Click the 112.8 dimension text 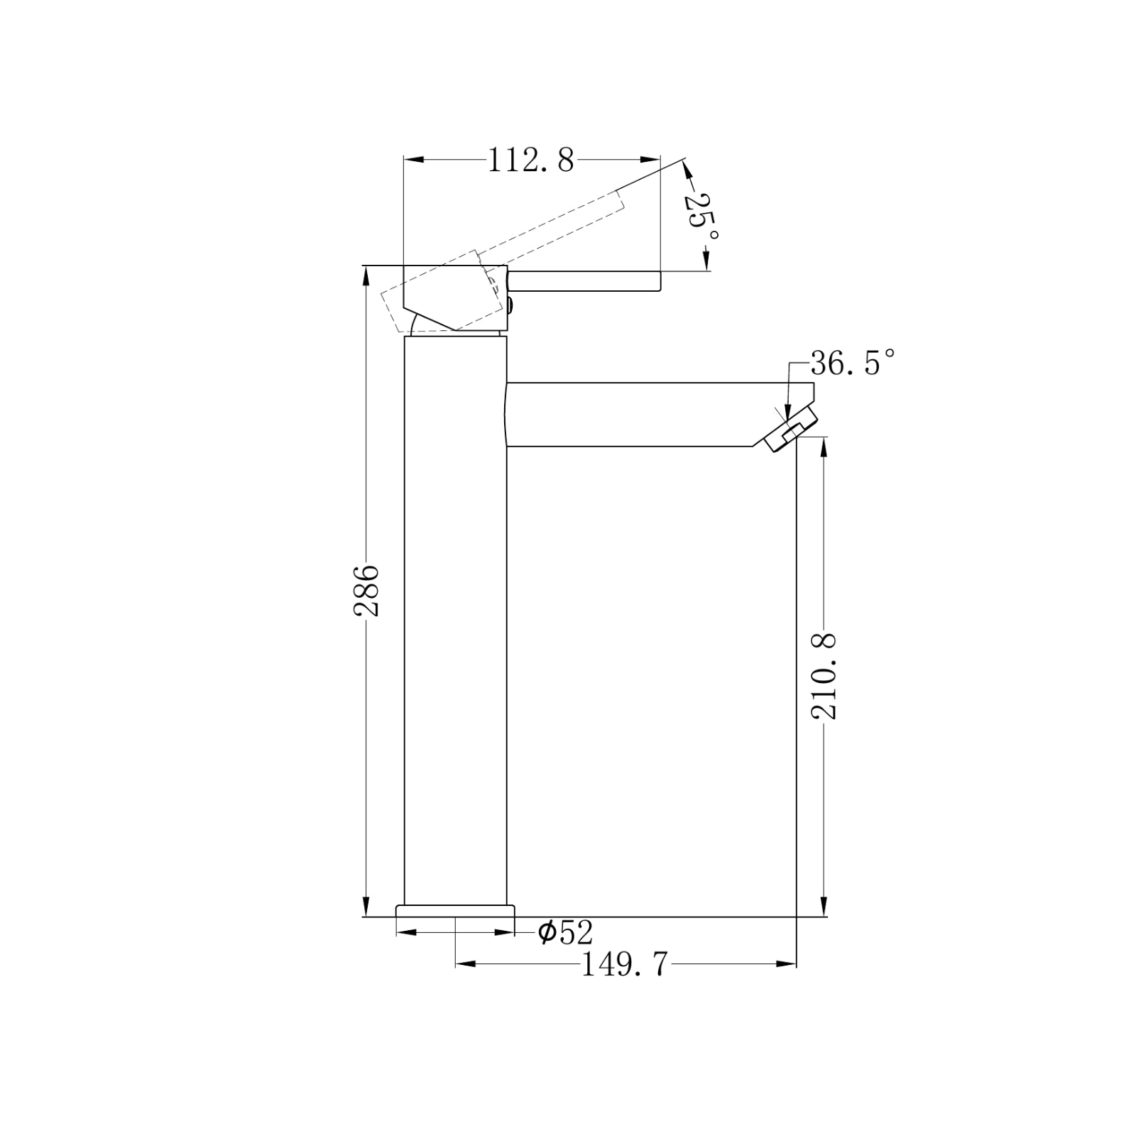pos(530,161)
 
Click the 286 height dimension pos(367,589)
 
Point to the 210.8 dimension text pos(825,677)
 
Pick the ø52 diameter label pos(565,932)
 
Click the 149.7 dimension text pos(625,965)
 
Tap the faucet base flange pos(454,910)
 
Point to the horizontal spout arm pos(639,415)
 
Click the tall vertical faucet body pos(455,625)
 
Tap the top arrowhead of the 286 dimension pos(366,274)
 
